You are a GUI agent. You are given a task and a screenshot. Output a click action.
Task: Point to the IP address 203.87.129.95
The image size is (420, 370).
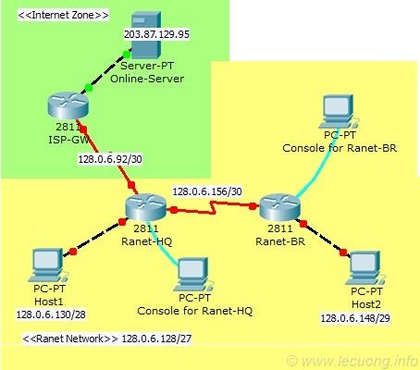pos(156,34)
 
